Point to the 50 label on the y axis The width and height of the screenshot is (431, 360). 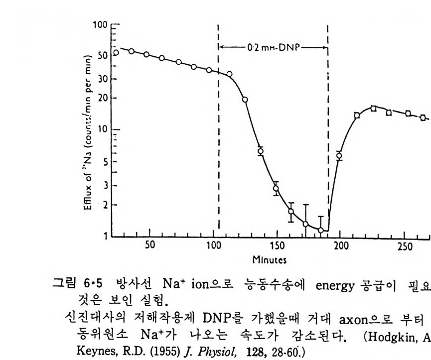pos(102,55)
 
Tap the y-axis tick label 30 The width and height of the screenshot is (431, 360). pos(102,79)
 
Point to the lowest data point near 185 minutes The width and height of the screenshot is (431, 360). pos(321,230)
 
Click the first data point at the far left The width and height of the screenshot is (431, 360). pos(116,52)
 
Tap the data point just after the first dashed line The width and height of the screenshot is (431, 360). pos(230,74)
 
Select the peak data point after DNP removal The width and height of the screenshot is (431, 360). pos(373,108)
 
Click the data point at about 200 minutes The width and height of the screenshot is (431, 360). pos(339,156)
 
